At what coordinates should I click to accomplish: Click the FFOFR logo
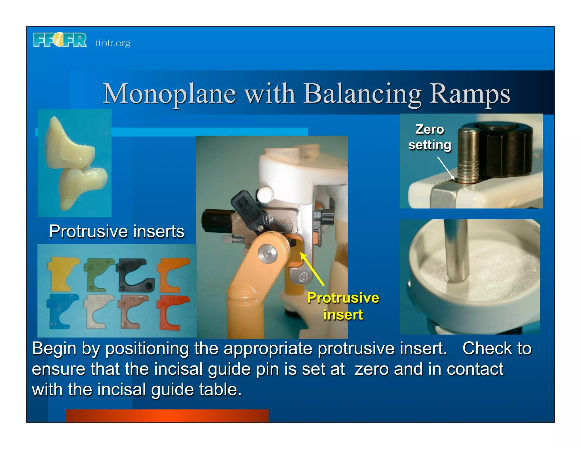click(60, 40)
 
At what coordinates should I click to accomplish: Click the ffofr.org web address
click(113, 43)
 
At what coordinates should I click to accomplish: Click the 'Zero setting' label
click(430, 137)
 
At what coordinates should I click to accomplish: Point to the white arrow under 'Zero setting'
click(446, 168)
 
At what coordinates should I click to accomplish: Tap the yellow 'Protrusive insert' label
click(343, 306)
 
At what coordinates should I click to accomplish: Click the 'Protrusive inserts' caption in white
click(117, 231)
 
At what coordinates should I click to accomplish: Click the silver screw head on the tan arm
click(268, 254)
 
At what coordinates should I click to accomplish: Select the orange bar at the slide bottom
click(167, 416)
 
